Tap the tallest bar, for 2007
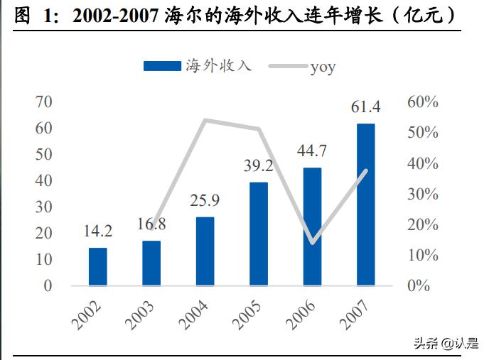pyautogui.click(x=365, y=204)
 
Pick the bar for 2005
pyautogui.click(x=259, y=234)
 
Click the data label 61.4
pyautogui.click(x=366, y=107)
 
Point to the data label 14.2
pyautogui.click(x=98, y=231)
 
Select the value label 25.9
pyautogui.click(x=205, y=200)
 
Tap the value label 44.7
pyautogui.click(x=312, y=151)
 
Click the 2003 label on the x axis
pyautogui.click(x=143, y=317)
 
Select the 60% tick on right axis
pyautogui.click(x=423, y=102)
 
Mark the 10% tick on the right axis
pyautogui.click(x=423, y=255)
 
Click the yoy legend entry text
pyautogui.click(x=323, y=67)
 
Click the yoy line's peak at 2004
pyautogui.click(x=205, y=120)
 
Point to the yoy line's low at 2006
pyautogui.click(x=313, y=243)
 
